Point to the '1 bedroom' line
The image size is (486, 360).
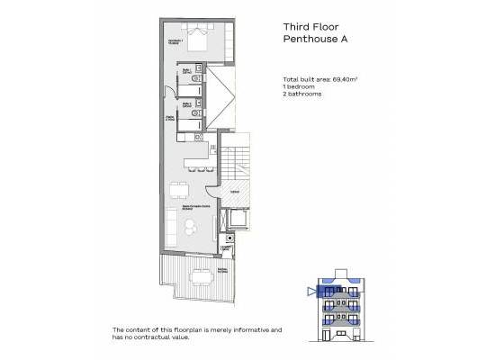(x=297, y=88)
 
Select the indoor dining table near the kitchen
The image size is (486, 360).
(x=180, y=189)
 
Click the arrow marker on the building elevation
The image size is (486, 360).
(x=311, y=290)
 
